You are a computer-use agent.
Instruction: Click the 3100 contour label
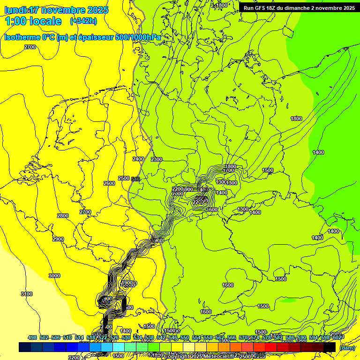tap(27, 294)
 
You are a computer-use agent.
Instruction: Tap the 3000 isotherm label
tap(54, 276)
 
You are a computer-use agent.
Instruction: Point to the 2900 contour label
tap(58, 239)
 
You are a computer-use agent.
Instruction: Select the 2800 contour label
tap(62, 216)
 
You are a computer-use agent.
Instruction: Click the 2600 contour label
tap(109, 183)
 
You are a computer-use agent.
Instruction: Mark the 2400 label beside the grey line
tap(138, 159)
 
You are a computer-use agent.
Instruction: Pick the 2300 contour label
tap(157, 160)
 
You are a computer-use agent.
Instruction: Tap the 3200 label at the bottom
tap(74, 357)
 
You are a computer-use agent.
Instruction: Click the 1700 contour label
tap(229, 171)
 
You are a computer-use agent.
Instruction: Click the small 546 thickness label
tap(136, 179)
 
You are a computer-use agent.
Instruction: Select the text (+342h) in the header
tap(83, 21)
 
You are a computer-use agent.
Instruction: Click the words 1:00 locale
tap(33, 21)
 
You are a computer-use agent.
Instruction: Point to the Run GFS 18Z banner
tap(299, 8)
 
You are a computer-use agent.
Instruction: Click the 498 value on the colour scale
tap(32, 338)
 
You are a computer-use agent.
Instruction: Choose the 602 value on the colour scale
tap(336, 338)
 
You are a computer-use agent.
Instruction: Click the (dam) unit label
tap(347, 348)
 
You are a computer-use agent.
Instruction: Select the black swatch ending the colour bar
tap(330, 347)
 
